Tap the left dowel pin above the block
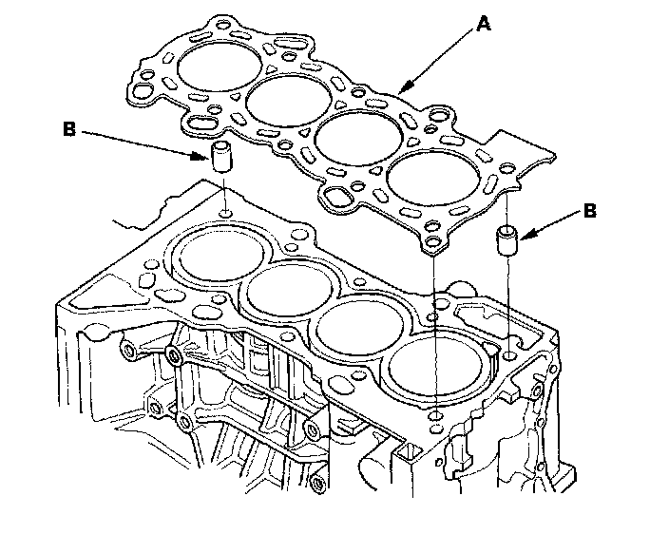point(220,157)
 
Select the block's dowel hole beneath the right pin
point(510,354)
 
